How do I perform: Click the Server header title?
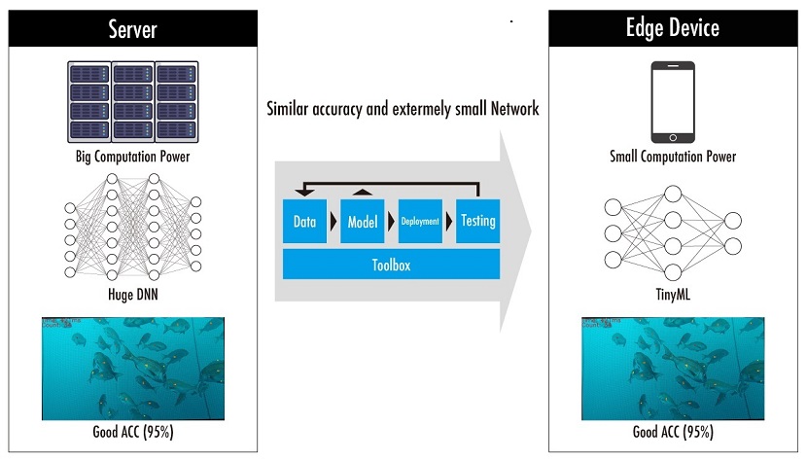coord(132,29)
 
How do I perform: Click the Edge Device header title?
coord(673,27)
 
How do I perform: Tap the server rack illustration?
coord(132,102)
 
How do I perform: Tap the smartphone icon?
coord(673,101)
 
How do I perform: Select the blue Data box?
coord(304,222)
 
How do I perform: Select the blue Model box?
coord(363,222)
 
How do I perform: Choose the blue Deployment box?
coord(420,222)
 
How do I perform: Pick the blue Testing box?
coord(477,222)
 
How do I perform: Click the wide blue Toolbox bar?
coord(391,264)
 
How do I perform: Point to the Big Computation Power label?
coord(132,157)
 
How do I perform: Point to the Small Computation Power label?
coord(673,157)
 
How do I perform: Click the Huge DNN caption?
coord(132,293)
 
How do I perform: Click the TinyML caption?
coord(673,293)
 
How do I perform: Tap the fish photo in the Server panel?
coord(132,369)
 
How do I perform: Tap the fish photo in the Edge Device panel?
coord(673,369)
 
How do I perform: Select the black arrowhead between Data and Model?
coord(333,222)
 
